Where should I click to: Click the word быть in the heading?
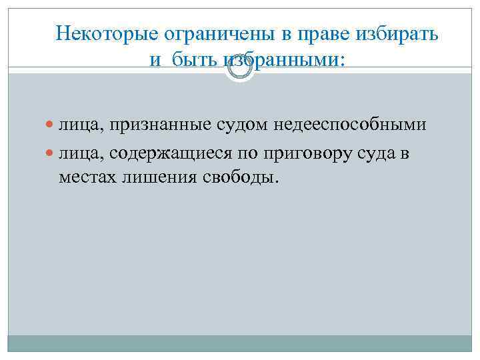190,61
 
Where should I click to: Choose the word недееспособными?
350,125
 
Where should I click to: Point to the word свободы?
237,178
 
